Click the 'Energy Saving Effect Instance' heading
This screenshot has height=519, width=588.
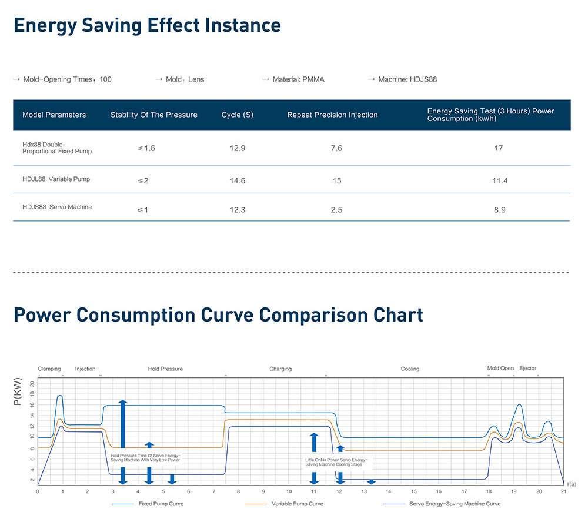pos(147,25)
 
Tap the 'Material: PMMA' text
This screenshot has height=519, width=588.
pos(298,79)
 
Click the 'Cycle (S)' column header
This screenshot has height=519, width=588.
pos(237,115)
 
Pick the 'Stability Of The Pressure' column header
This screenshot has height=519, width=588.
pos(153,115)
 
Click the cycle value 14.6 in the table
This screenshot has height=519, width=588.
pos(237,181)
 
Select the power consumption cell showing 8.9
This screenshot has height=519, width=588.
pos(499,210)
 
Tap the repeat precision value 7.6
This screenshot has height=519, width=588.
pos(336,148)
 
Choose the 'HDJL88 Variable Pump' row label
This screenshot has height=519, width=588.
pos(56,179)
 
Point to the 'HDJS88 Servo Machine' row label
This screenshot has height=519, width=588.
pos(57,207)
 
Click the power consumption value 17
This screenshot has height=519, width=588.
pos(499,148)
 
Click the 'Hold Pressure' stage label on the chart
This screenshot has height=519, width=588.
pos(165,369)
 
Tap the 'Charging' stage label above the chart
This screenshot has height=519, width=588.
pos(280,369)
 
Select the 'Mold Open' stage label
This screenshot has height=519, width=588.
pos(500,369)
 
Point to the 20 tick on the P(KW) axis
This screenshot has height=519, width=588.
pos(32,384)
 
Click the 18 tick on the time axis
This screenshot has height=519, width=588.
pos(489,491)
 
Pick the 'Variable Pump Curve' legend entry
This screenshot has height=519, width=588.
pos(297,504)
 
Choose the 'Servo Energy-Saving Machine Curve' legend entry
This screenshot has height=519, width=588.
pos(455,504)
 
